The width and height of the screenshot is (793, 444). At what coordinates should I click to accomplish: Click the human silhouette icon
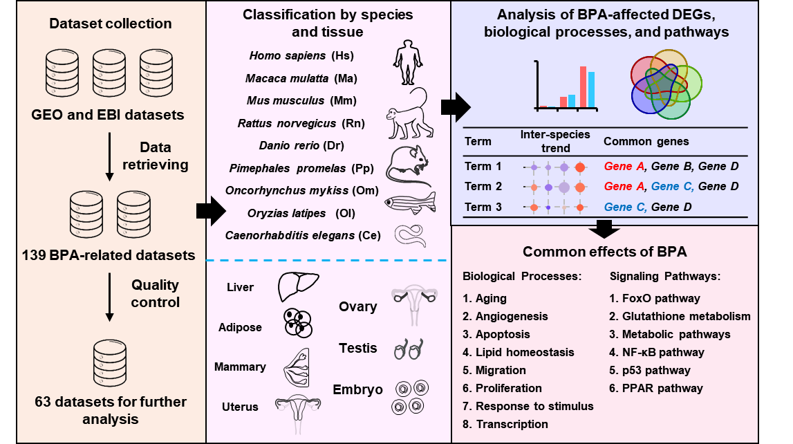pyautogui.click(x=408, y=63)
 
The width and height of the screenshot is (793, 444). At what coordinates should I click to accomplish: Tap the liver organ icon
pyautogui.click(x=298, y=287)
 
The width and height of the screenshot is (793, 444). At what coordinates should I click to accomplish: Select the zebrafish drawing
pyautogui.click(x=410, y=203)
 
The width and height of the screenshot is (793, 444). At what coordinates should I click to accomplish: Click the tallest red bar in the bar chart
pyautogui.click(x=583, y=87)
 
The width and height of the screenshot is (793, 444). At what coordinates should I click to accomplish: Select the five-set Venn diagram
pyautogui.click(x=666, y=84)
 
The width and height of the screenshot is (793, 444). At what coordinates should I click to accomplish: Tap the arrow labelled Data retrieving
pyautogui.click(x=109, y=156)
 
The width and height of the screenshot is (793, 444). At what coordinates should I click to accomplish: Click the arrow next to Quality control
pyautogui.click(x=109, y=297)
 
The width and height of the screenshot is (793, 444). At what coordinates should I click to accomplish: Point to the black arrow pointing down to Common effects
pyautogui.click(x=604, y=229)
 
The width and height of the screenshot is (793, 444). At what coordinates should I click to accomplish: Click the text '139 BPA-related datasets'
pyautogui.click(x=109, y=255)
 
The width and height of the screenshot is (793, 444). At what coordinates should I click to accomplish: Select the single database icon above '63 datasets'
pyautogui.click(x=110, y=362)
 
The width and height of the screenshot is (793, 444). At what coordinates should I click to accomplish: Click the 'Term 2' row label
pyautogui.click(x=483, y=186)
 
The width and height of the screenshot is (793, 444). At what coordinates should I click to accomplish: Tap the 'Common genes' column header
pyautogui.click(x=646, y=141)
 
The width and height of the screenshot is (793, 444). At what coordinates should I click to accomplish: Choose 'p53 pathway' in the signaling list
pyautogui.click(x=649, y=370)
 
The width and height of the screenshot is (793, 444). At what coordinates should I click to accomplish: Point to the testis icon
pyautogui.click(x=409, y=349)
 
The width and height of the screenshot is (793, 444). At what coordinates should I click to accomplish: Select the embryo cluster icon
pyautogui.click(x=410, y=398)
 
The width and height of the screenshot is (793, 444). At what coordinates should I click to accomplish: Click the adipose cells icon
pyautogui.click(x=299, y=323)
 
